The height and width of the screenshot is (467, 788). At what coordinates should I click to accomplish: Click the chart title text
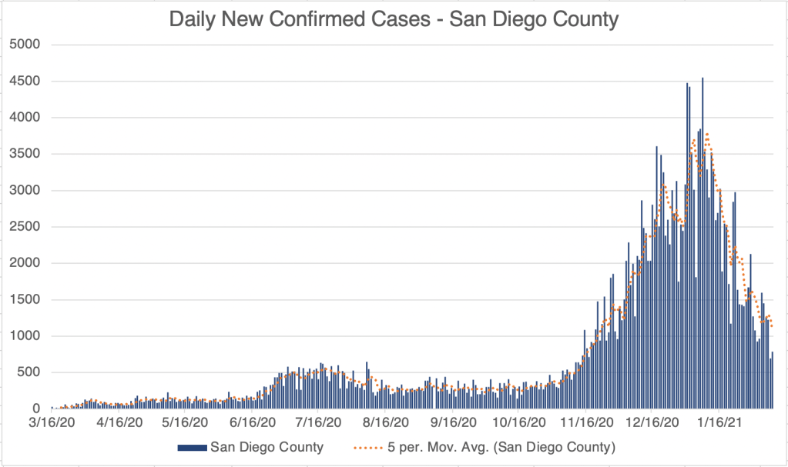coord(394,19)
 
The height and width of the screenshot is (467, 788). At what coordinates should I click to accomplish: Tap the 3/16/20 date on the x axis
coord(51,422)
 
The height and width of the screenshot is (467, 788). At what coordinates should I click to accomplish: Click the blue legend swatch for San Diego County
coord(192,447)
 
